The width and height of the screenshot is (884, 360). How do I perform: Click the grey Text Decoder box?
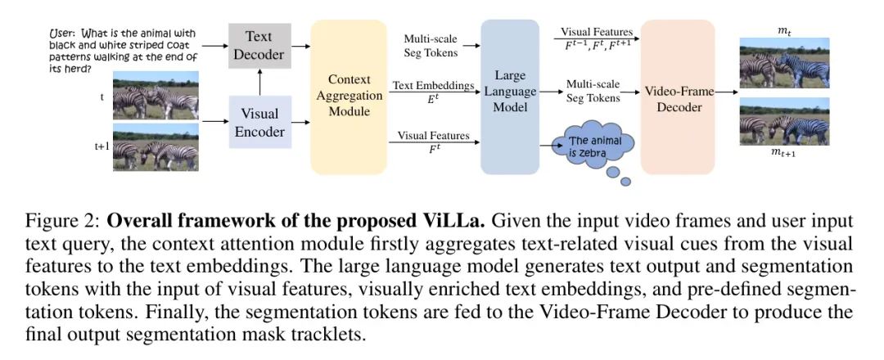[259, 45]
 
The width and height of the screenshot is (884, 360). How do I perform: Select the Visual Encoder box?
[259, 122]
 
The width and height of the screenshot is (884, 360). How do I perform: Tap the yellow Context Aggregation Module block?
[349, 97]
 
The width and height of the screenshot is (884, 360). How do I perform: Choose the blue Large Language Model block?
[510, 97]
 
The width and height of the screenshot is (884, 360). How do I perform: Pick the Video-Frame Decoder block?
[677, 97]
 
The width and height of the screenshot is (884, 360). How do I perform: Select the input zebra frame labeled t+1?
[156, 147]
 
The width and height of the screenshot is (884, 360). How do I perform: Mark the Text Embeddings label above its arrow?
[434, 84]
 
